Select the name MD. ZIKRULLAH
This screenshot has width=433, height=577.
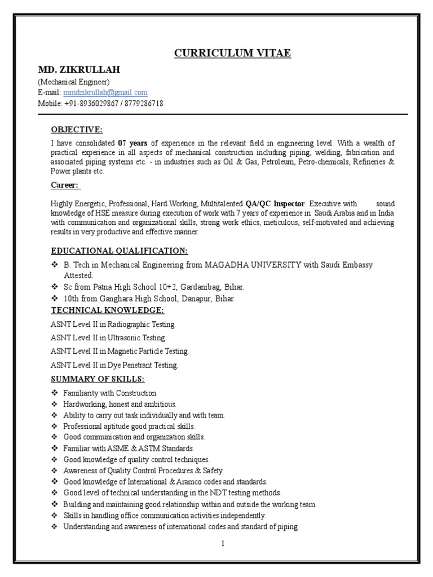[79, 70]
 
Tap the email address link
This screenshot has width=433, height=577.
[105, 92]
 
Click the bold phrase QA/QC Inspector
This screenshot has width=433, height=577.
[275, 203]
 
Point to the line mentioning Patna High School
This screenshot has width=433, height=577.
[153, 287]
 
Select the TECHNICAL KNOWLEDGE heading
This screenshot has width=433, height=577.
[108, 310]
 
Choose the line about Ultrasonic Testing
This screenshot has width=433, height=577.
[109, 338]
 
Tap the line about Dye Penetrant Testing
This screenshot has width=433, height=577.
[114, 365]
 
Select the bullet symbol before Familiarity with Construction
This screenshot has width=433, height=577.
[55, 393]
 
